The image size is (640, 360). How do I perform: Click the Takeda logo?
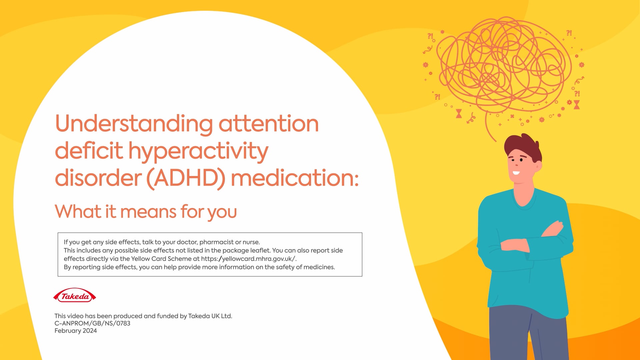[x=75, y=295]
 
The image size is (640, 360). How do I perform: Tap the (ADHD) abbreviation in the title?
[x=186, y=178]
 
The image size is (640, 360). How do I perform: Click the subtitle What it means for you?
[x=146, y=212]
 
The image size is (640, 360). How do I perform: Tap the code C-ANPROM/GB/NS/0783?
[x=92, y=323]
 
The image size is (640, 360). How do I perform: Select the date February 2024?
[x=76, y=331]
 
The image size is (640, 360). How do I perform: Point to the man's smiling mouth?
[x=516, y=173]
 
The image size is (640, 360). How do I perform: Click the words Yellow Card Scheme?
[x=161, y=259]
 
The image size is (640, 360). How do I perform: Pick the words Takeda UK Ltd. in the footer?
[x=210, y=316]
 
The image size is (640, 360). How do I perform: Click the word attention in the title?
[x=269, y=124]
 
